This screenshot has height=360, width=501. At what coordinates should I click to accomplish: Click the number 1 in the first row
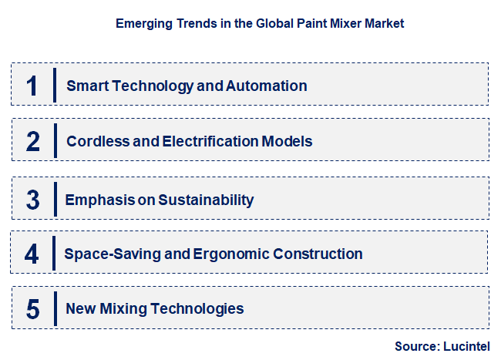click(x=32, y=86)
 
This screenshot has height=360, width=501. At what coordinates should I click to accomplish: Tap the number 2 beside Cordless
click(x=32, y=142)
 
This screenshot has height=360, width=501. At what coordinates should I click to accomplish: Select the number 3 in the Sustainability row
click(x=32, y=200)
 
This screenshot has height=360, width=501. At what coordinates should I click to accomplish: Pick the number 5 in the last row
click(x=32, y=309)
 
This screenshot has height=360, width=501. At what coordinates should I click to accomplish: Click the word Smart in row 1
click(x=87, y=86)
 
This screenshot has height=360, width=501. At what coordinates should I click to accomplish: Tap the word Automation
click(x=266, y=86)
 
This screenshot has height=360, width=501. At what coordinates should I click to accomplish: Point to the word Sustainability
click(x=206, y=200)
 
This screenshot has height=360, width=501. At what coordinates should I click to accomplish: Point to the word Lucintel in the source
click(x=466, y=346)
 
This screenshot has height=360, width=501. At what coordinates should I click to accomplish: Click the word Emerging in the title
click(x=141, y=24)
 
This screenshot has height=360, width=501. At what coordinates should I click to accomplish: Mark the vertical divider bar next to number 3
click(x=55, y=200)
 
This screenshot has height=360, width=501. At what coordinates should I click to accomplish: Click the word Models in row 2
click(x=287, y=142)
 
